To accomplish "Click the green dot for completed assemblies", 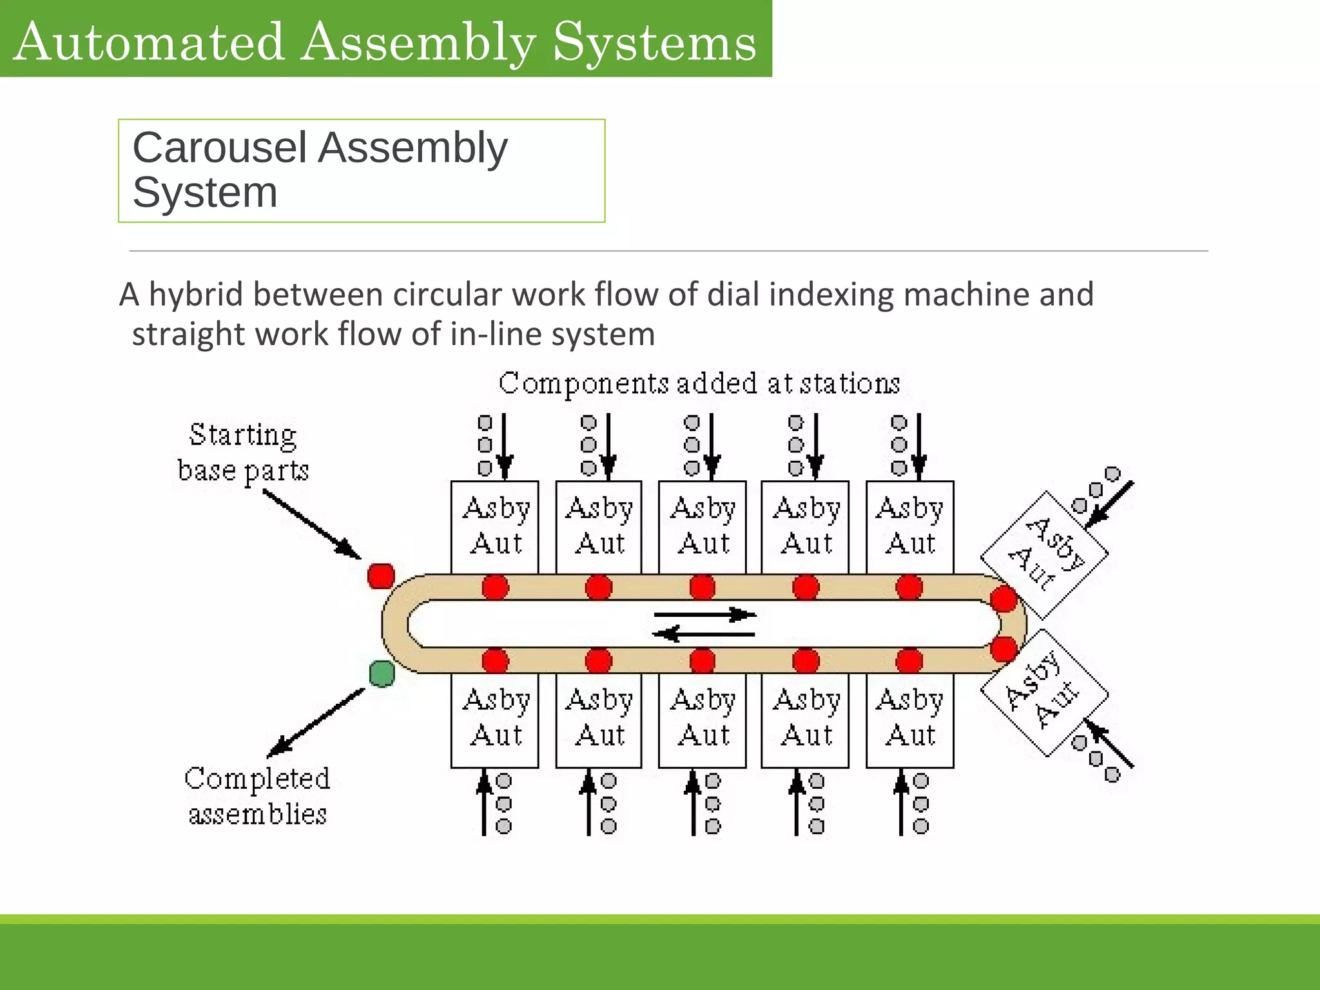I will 382,674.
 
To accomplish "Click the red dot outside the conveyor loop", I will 381,576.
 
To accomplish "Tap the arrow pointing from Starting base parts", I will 312,524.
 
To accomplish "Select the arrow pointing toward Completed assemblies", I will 316,723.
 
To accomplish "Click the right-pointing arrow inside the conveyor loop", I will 704,614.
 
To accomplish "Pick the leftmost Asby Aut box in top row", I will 494,527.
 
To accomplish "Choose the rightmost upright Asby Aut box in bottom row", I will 909,720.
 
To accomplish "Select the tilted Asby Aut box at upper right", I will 1044,554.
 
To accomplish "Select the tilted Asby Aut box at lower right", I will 1044,694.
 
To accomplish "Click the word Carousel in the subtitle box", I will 219,148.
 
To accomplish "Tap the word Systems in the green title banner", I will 654,42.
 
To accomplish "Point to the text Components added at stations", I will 699,384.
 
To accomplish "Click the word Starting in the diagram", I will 243,435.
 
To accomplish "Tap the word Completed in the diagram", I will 257,779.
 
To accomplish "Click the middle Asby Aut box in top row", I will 702,527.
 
